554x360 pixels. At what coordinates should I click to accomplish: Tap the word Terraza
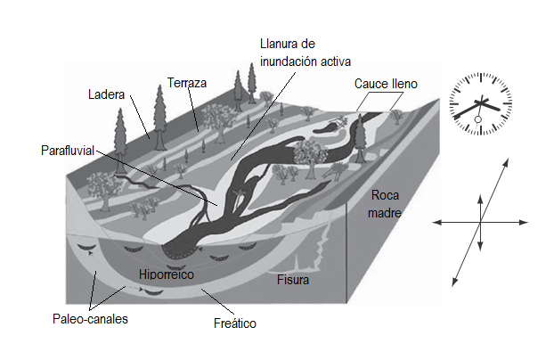click(186, 83)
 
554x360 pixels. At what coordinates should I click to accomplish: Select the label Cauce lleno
click(385, 84)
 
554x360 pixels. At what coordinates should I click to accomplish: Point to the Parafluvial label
click(67, 150)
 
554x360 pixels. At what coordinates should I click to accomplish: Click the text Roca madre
click(387, 204)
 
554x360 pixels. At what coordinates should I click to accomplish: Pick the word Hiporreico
click(167, 275)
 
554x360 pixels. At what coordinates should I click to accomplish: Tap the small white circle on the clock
click(478, 119)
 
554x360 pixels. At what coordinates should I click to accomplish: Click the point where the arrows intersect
click(481, 221)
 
